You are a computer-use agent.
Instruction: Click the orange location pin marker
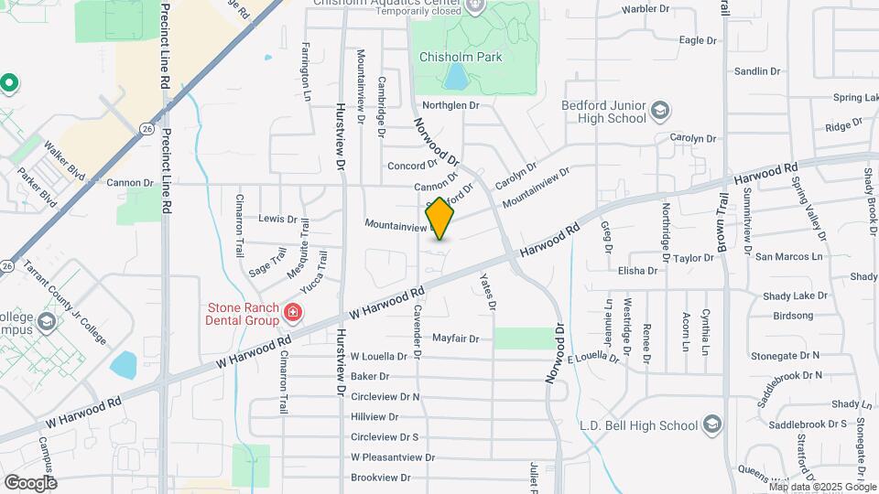point(439,219)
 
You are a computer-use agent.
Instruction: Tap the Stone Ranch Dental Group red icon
point(292,314)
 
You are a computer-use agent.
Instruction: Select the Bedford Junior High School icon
point(659,113)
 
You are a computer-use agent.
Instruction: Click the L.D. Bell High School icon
point(711,425)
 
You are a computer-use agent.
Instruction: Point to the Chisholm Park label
point(461,57)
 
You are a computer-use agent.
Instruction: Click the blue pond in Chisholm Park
point(454,77)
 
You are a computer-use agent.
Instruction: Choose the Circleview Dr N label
point(385,397)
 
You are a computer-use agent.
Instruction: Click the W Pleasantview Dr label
point(392,457)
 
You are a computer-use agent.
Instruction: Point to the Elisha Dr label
point(638,271)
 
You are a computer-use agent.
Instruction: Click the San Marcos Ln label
point(788,257)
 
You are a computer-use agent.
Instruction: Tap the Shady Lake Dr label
point(795,296)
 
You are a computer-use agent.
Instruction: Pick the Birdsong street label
point(793,316)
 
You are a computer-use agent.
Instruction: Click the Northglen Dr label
point(450,105)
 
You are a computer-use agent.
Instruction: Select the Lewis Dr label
point(278,219)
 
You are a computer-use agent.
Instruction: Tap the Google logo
point(30,482)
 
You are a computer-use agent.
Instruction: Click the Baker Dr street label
point(371,376)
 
